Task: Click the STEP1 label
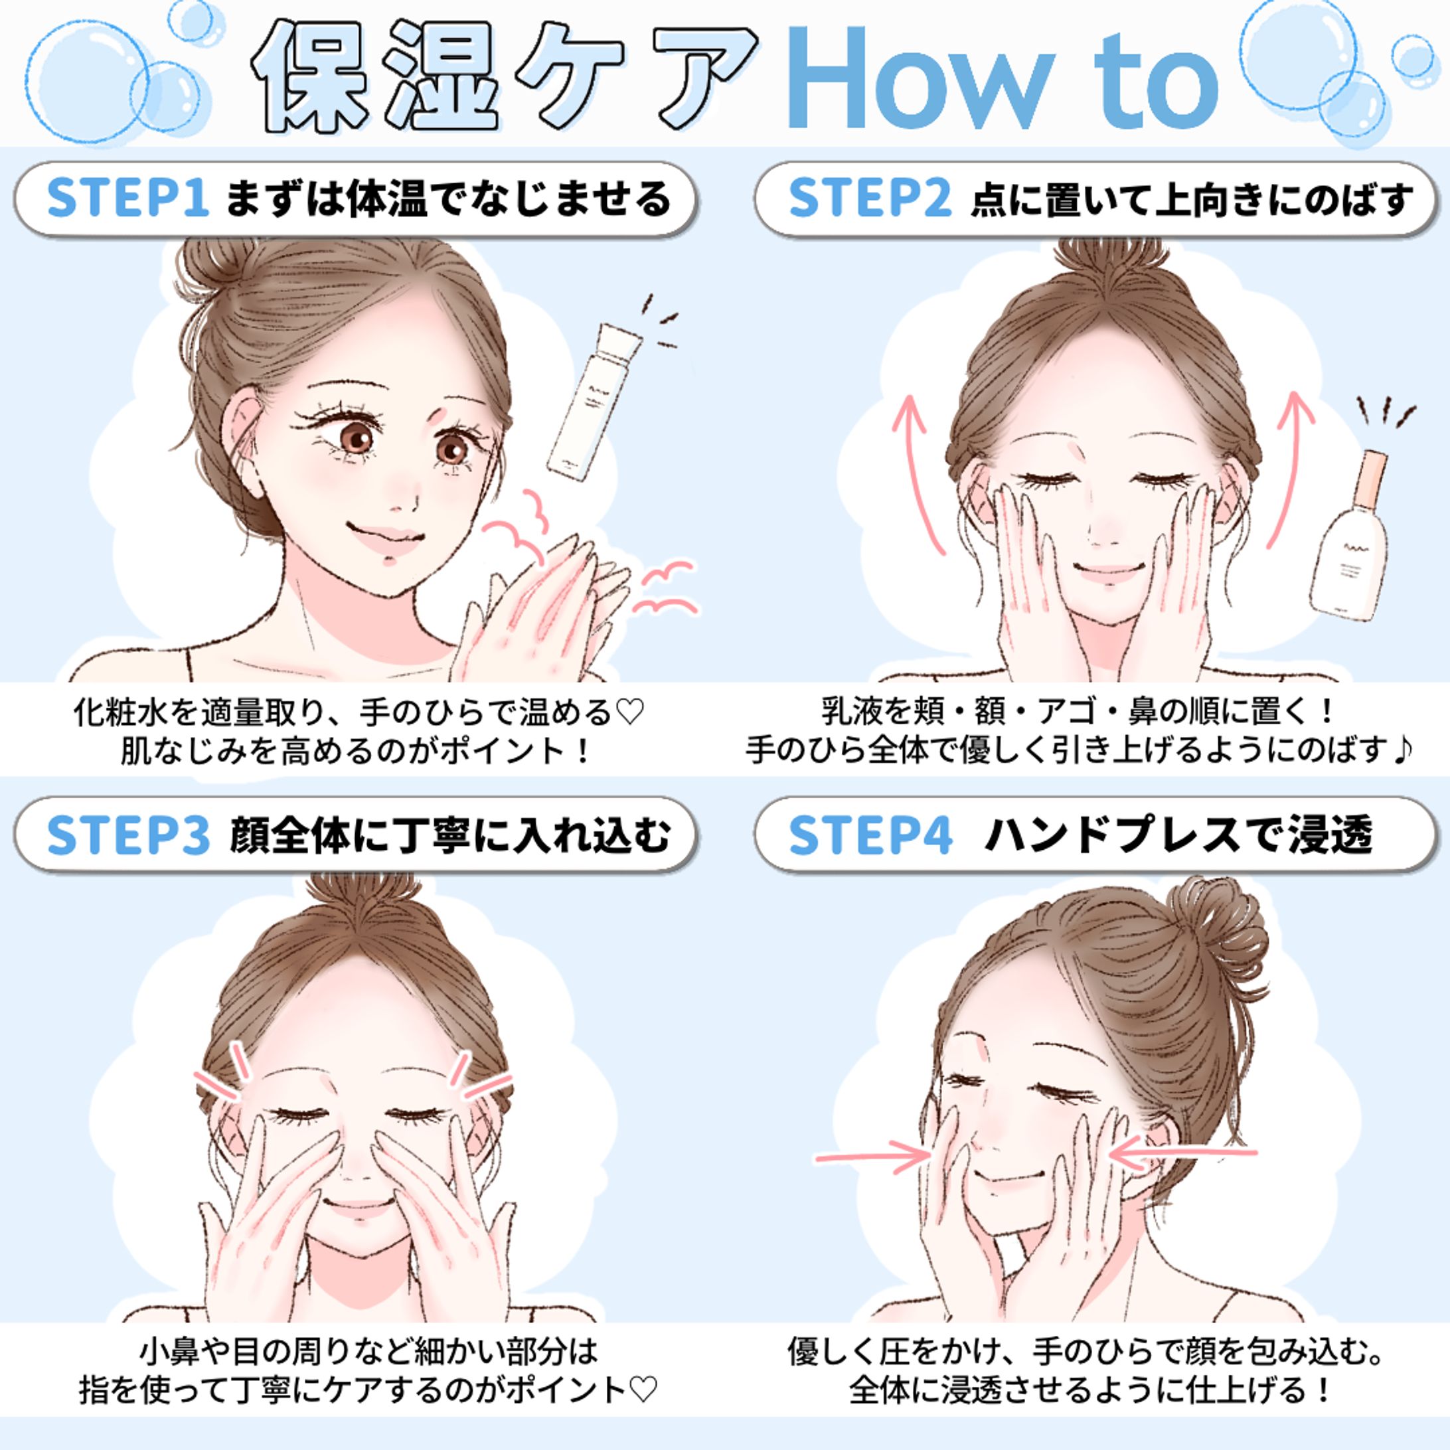pos(127,197)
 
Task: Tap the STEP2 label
pos(870,197)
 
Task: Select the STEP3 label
pos(127,835)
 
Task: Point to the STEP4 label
pos(870,835)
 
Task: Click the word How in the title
pos(916,79)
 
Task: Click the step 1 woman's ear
pos(244,450)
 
